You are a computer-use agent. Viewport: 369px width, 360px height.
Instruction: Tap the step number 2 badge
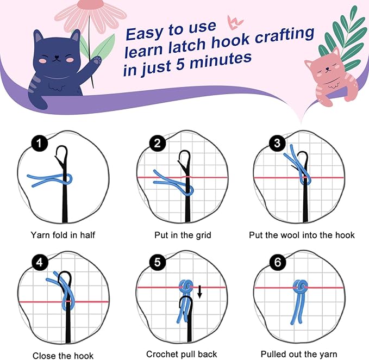click(158, 145)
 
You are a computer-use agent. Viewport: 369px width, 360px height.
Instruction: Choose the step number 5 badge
click(158, 263)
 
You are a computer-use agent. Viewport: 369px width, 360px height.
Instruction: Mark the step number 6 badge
click(277, 263)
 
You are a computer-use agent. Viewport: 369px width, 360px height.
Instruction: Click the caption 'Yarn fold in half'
click(63, 235)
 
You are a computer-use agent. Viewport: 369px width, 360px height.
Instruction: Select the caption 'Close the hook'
click(63, 355)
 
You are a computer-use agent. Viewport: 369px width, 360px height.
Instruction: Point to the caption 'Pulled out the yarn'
click(298, 354)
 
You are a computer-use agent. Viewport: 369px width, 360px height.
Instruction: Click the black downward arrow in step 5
click(199, 293)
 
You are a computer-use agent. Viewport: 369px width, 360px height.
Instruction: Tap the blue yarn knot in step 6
click(299, 287)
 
